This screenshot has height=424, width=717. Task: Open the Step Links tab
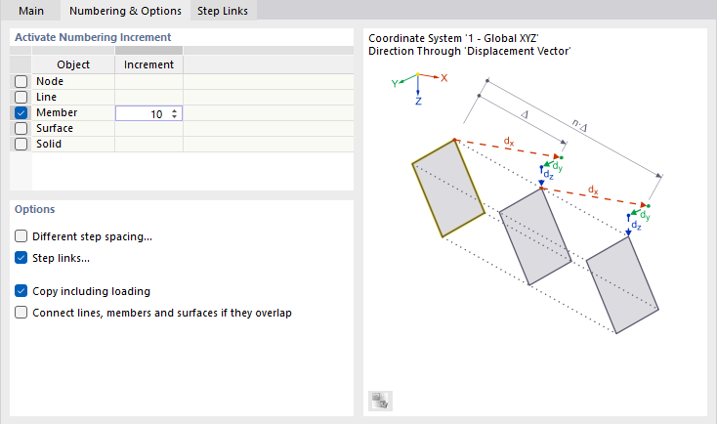click(x=222, y=11)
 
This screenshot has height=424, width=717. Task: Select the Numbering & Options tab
click(x=124, y=11)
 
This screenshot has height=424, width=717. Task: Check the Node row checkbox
click(x=21, y=82)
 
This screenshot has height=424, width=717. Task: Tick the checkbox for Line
click(x=21, y=98)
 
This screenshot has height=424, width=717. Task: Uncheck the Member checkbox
click(x=21, y=113)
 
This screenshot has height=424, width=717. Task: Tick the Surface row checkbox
click(x=21, y=129)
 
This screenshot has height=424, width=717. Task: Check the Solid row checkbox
click(x=21, y=145)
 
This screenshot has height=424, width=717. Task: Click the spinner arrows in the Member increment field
click(x=174, y=113)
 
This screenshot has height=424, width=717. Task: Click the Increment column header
click(x=149, y=64)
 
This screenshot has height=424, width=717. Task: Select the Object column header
click(x=73, y=64)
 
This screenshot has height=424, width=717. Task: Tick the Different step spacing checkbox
click(x=21, y=236)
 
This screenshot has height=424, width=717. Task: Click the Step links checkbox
click(x=21, y=259)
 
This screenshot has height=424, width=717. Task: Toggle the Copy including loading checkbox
click(x=21, y=291)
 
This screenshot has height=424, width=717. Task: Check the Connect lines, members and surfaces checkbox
click(x=21, y=314)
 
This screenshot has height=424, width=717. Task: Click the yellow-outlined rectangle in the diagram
click(x=441, y=188)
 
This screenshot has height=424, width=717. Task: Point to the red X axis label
click(x=444, y=77)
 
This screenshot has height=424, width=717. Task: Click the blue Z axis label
click(x=418, y=101)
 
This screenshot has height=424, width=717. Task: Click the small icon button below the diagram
click(x=380, y=400)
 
